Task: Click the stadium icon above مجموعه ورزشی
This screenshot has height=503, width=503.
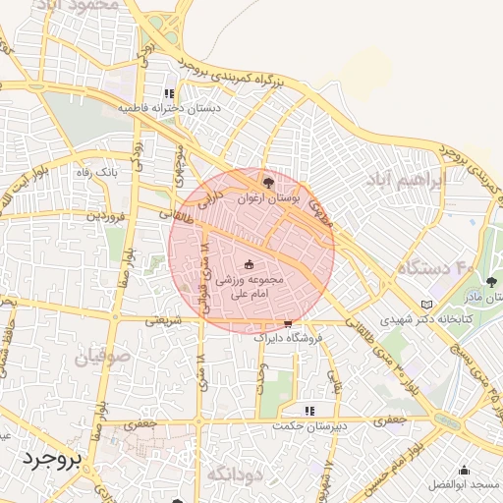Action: click(249, 263)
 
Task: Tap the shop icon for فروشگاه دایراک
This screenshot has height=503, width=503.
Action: click(288, 322)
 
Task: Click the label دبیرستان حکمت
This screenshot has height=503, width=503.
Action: click(310, 425)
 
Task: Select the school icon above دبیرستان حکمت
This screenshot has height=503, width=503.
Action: click(310, 411)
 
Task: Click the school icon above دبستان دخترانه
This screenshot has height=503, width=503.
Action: click(170, 94)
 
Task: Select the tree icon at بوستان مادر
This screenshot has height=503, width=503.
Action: click(491, 284)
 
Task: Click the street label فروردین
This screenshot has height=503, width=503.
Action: click(105, 214)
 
